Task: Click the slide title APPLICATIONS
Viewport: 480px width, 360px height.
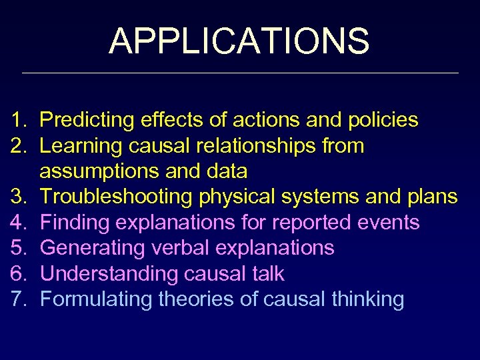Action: tap(239, 41)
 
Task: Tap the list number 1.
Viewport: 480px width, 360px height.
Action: tap(18, 120)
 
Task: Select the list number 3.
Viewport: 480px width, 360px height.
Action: tap(18, 197)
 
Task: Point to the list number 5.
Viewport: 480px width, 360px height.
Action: tap(18, 248)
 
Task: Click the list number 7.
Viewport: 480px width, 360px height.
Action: tap(18, 299)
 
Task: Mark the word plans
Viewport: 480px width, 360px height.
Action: tap(433, 197)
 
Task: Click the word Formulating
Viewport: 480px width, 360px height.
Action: tap(96, 299)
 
